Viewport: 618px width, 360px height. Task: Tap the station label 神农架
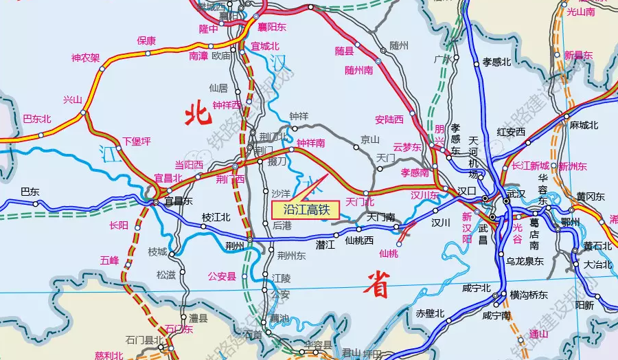pos(86,58)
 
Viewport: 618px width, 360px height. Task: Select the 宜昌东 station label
pos(179,201)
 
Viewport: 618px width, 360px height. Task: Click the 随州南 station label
pos(358,70)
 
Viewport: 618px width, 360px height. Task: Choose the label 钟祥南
pos(310,143)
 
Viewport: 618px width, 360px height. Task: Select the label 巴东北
pos(37,119)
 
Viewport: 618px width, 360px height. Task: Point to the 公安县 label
pos(222,276)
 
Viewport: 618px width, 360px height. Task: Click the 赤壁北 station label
pos(431,313)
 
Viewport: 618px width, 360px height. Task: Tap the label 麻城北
pos(584,125)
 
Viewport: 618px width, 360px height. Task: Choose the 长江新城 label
pos(531,166)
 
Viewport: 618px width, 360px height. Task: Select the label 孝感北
pos(497,63)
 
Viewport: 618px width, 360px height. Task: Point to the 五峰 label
pos(109,260)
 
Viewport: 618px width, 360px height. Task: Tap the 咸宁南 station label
pos(496,315)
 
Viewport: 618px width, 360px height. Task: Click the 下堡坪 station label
pos(136,142)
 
